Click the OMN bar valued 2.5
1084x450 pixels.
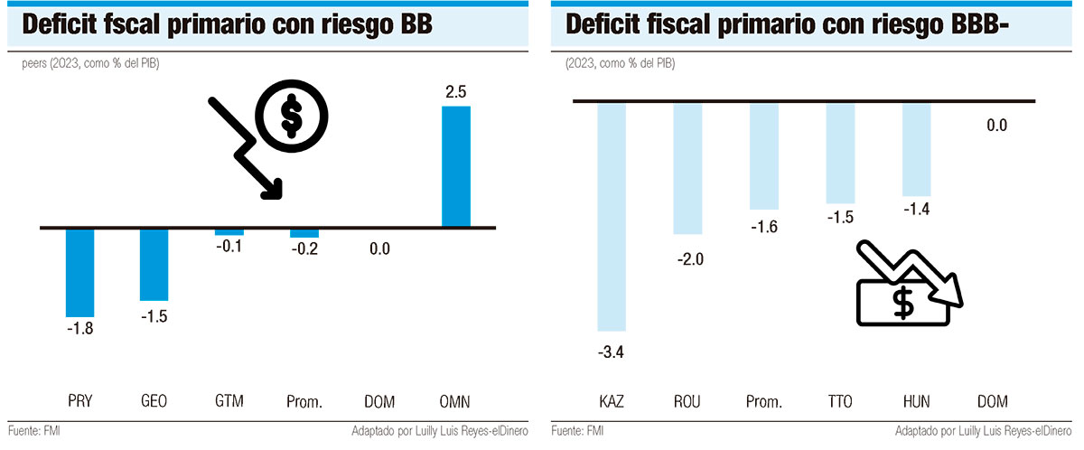click(x=456, y=166)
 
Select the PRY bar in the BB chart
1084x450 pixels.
click(x=80, y=271)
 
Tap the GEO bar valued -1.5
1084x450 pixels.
click(x=154, y=263)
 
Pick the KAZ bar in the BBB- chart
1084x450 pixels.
click(x=612, y=217)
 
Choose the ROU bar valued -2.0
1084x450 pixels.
click(x=688, y=168)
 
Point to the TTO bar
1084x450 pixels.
click(x=840, y=153)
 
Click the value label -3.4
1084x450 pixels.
click(x=612, y=352)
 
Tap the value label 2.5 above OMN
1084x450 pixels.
click(x=455, y=92)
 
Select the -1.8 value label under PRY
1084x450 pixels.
click(x=80, y=329)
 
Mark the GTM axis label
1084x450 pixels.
click(x=229, y=401)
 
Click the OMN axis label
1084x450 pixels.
click(x=455, y=401)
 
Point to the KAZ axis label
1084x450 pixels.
click(x=612, y=401)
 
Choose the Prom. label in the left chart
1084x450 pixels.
click(x=304, y=401)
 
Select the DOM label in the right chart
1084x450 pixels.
click(x=993, y=401)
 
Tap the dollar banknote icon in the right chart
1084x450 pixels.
click(x=903, y=300)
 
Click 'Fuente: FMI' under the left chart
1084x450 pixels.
click(x=33, y=431)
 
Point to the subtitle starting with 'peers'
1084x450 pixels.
click(x=90, y=64)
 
